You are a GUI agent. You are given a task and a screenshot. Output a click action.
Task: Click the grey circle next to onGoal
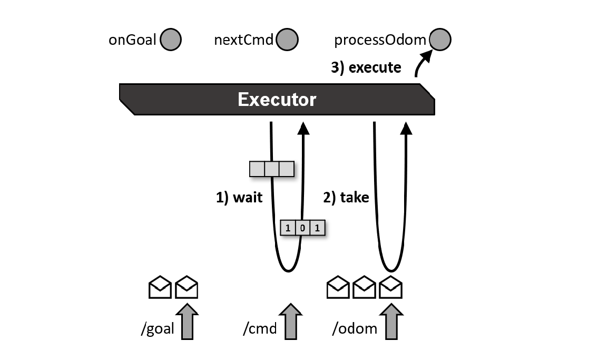pos(170,40)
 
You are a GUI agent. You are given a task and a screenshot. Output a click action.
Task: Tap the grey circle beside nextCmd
pos(287,40)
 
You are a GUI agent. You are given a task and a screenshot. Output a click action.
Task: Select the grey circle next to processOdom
pos(440,40)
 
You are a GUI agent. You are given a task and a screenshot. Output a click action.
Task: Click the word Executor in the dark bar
pos(277,100)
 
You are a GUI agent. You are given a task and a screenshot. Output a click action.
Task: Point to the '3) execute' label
pos(366,67)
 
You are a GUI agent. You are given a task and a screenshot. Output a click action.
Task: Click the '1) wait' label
pos(239,198)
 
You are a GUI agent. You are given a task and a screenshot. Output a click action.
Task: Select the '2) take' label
pos(346,198)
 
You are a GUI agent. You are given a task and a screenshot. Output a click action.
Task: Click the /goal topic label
pos(157,329)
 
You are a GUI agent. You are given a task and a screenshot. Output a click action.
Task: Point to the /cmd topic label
pos(259,329)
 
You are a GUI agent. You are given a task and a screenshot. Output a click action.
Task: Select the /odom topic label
pos(354,329)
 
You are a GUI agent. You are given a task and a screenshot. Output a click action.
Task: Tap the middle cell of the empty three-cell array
pos(271,169)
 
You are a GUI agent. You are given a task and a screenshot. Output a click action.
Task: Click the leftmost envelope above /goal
pos(161,287)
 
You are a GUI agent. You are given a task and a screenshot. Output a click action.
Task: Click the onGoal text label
pos(132,40)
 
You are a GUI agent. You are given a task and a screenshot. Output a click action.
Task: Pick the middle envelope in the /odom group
pos(365,287)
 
